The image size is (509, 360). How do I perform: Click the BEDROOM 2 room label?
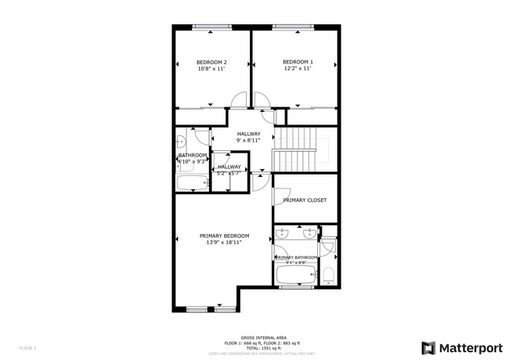[x=211, y=63]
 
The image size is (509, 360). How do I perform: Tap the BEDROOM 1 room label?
[x=298, y=63]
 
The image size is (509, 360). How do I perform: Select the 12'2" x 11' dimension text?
[x=298, y=70]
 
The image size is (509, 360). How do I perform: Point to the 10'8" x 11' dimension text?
[x=211, y=70]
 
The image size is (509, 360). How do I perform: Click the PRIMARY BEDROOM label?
[x=224, y=236]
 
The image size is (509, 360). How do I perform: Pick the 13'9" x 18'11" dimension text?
[x=224, y=243]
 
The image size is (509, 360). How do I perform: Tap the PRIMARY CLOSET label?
[x=305, y=200]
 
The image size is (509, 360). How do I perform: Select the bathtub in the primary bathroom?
[x=295, y=275]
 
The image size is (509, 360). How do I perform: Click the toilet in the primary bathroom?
[x=328, y=275]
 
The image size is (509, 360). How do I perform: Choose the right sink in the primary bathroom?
[x=310, y=232]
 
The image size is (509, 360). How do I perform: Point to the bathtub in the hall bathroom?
[x=192, y=183]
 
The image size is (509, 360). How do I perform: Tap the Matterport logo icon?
[x=429, y=347]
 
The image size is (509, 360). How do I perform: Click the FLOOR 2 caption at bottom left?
[x=28, y=347]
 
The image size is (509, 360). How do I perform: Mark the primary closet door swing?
[x=281, y=196]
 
